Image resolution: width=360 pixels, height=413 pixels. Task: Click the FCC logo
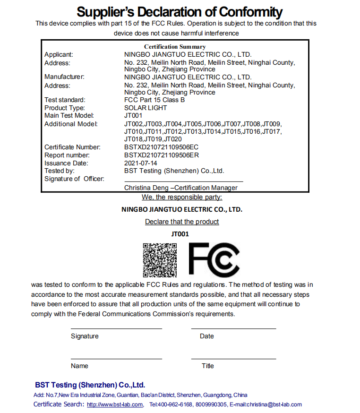click(x=214, y=259)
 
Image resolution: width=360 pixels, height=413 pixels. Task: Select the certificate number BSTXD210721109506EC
click(x=161, y=147)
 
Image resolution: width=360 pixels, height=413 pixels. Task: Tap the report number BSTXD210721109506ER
click(x=161, y=155)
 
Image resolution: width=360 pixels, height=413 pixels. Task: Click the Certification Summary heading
click(x=175, y=47)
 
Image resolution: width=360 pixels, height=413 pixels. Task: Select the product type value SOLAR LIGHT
click(x=146, y=108)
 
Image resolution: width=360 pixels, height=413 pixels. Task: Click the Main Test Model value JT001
click(x=133, y=115)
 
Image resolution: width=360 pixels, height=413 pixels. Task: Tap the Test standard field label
click(x=65, y=100)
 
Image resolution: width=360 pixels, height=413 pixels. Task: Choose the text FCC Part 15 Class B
click(x=154, y=100)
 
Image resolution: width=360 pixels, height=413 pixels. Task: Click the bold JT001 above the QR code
click(x=180, y=233)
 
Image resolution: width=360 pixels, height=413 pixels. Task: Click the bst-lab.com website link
click(x=115, y=404)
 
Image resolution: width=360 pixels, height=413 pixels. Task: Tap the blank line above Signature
click(x=116, y=328)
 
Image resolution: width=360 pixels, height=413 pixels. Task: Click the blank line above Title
click(x=233, y=359)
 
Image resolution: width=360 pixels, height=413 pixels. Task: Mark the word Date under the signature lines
click(x=207, y=336)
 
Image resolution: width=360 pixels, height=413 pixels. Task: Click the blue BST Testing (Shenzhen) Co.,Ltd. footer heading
click(x=90, y=385)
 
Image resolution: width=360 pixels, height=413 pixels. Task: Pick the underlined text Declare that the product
click(x=182, y=222)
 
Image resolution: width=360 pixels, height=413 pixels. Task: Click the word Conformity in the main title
click(x=244, y=12)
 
